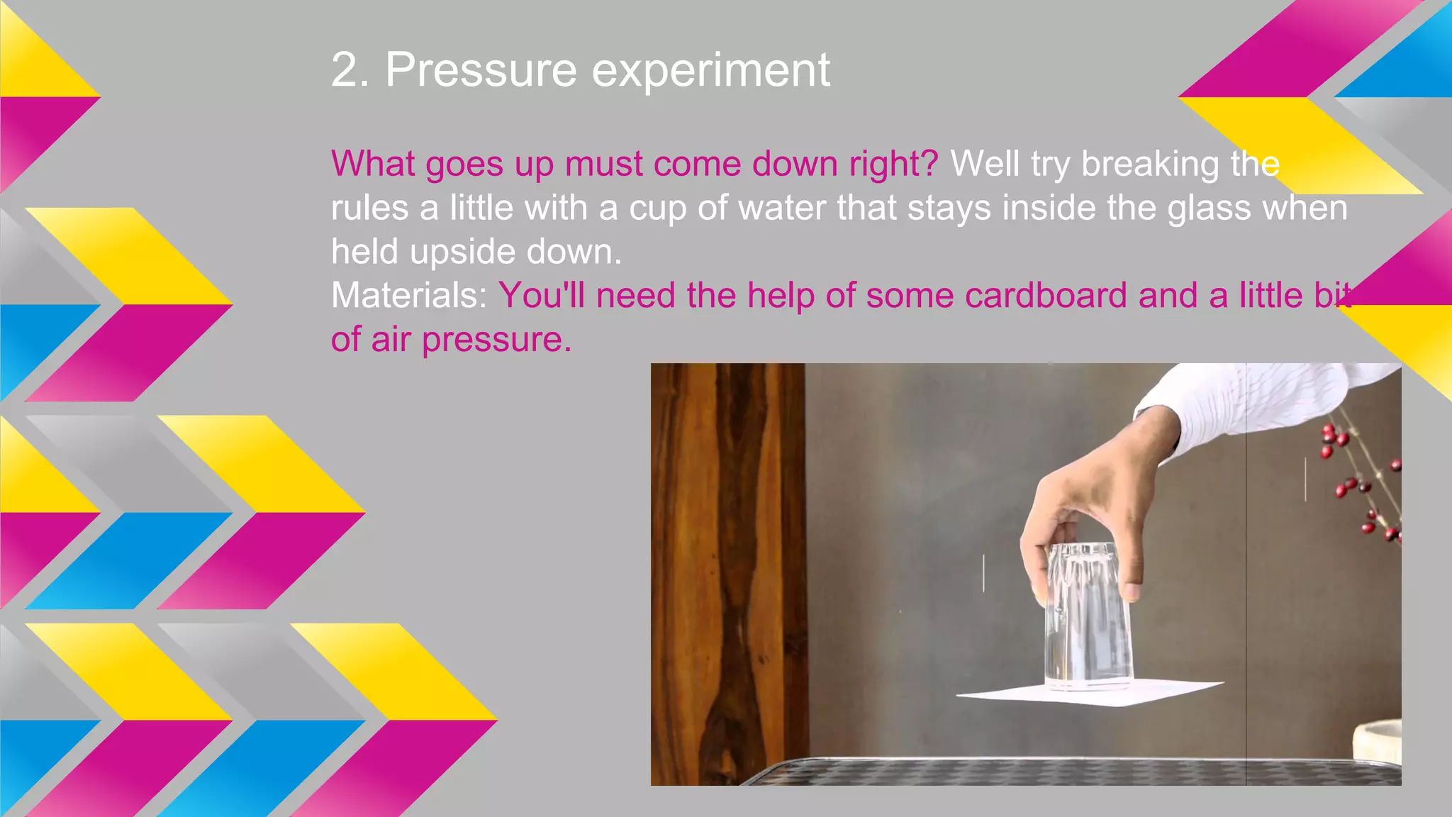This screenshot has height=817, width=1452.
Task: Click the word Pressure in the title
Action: pos(481,70)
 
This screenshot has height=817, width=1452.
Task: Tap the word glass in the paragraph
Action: pos(1209,208)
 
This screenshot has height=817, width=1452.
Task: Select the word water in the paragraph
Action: pos(782,208)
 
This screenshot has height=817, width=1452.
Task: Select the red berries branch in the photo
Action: pos(1358,482)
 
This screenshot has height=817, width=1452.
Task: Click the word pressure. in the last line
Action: pos(496,340)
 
